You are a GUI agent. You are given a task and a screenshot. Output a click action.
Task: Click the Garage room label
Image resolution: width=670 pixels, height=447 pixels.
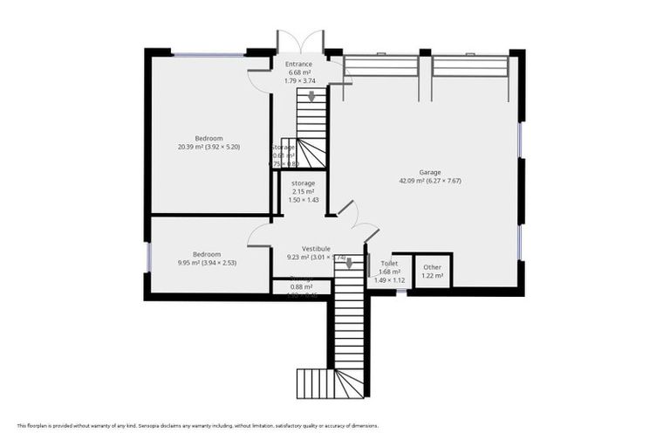[429, 172]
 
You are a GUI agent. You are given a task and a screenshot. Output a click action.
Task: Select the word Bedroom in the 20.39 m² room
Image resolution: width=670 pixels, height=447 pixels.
[209, 138]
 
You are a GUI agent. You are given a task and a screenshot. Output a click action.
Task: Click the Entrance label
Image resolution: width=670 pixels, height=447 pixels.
[298, 64]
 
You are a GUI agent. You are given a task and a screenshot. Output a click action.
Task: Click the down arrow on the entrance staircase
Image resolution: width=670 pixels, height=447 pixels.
[311, 97]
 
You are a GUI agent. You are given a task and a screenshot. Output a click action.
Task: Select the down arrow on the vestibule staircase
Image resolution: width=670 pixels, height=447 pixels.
[350, 264]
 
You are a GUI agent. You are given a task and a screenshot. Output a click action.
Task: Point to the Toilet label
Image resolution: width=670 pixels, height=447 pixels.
[390, 263]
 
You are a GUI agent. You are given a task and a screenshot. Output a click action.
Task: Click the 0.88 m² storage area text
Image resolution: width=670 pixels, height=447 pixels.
[302, 286]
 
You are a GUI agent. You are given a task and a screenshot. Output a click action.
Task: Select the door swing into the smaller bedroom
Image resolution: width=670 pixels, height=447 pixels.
[260, 234]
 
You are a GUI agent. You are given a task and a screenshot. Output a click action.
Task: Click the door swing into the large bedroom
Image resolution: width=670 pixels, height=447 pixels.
[259, 80]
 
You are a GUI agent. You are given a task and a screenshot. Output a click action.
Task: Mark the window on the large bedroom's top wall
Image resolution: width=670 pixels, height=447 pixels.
[208, 55]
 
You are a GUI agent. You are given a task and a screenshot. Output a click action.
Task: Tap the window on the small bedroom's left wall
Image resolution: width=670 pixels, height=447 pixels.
[148, 255]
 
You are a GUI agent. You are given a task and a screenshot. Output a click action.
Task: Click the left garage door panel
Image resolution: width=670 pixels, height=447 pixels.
[381, 66]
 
